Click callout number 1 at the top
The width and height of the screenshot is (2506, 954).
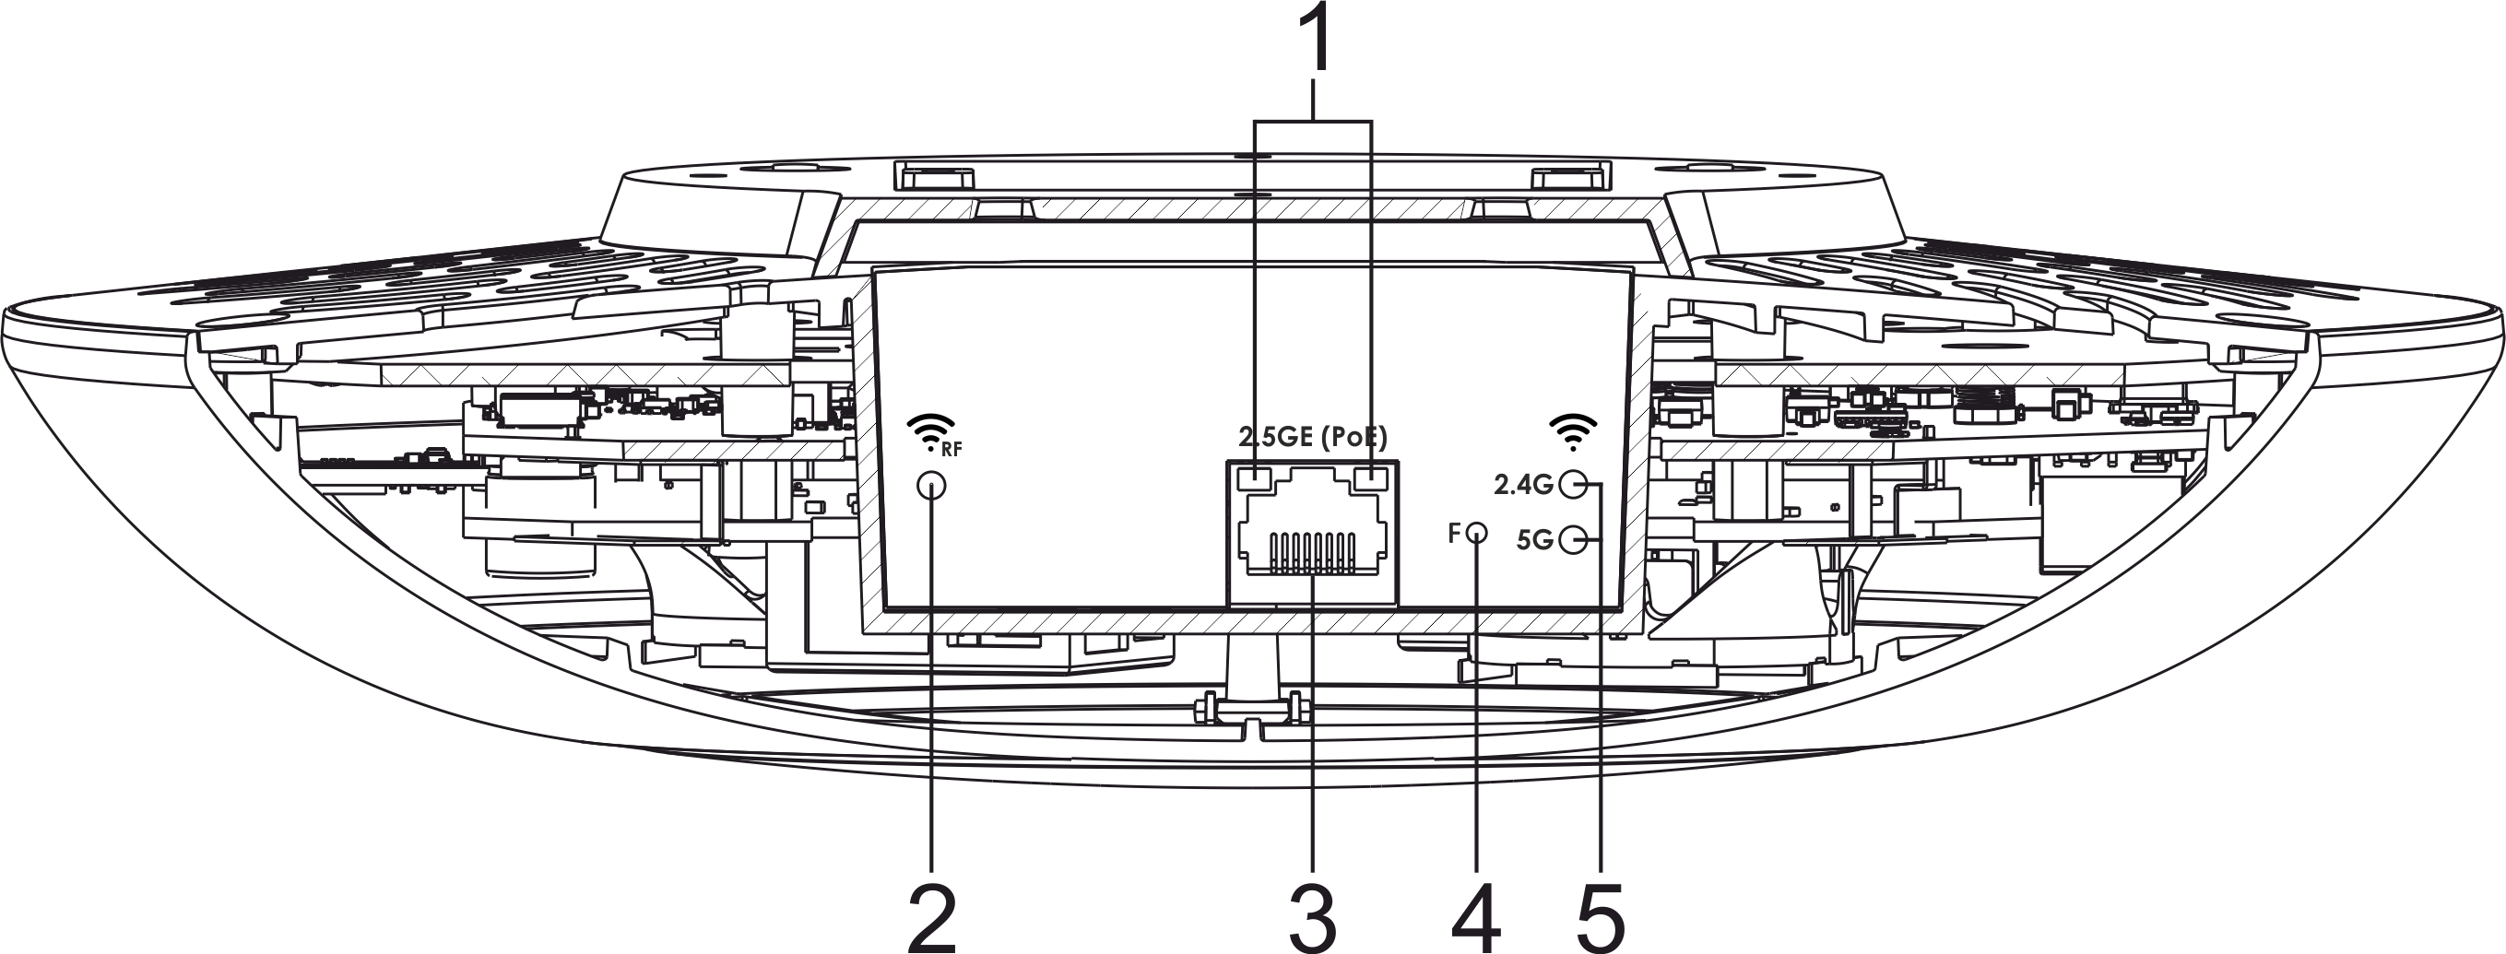coord(1316,39)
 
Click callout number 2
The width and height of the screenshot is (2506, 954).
coord(932,918)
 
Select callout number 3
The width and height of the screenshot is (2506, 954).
coord(1312,918)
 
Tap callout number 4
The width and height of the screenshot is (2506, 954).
coord(1476,918)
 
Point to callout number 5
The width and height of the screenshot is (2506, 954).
coord(1601,918)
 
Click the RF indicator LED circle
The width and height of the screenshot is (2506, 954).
coord(932,485)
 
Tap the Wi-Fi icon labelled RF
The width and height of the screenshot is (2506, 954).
coord(930,430)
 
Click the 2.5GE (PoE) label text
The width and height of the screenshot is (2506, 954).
coord(1312,437)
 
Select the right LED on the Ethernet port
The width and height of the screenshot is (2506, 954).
coord(1371,479)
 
